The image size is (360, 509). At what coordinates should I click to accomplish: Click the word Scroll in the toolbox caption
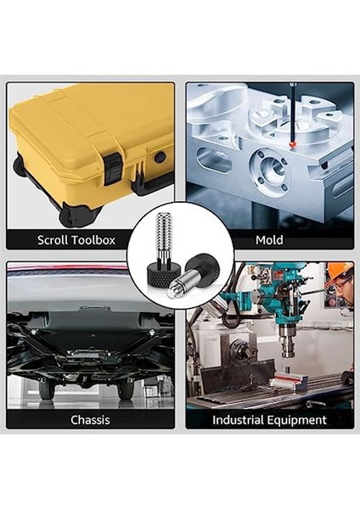pyautogui.click(x=55, y=240)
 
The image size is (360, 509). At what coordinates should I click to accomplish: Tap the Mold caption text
pyautogui.click(x=269, y=240)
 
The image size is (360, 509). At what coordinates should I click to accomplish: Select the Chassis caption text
pyautogui.click(x=89, y=419)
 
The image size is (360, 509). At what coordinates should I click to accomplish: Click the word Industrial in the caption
pyautogui.click(x=241, y=419)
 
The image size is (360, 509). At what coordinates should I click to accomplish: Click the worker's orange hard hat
pyautogui.click(x=340, y=271)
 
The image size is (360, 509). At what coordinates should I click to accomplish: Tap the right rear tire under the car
pyautogui.click(x=126, y=386)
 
